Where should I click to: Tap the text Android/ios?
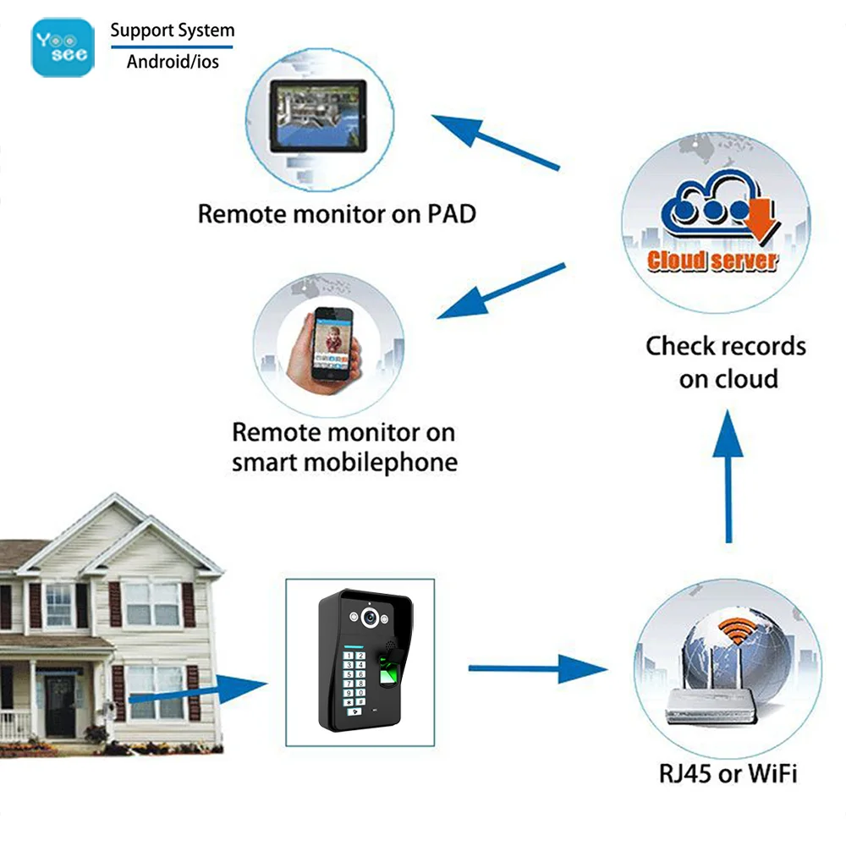[x=173, y=62]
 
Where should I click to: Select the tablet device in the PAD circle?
[x=317, y=116]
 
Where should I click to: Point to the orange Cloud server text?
[x=711, y=259]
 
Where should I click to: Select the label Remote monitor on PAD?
[x=337, y=213]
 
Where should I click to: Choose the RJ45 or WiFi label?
[x=728, y=772]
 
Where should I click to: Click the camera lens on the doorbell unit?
[x=369, y=618]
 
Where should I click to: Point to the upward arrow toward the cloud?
[x=728, y=474]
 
